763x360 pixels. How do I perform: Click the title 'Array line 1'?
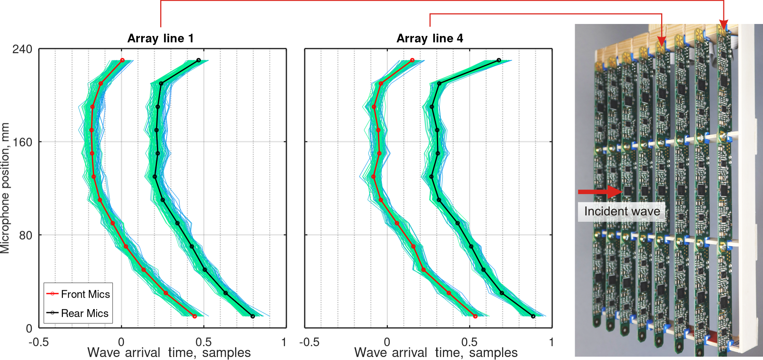pyautogui.click(x=160, y=38)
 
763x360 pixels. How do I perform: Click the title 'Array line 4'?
pyautogui.click(x=429, y=38)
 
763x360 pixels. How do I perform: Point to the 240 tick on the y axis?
pyautogui.click(x=22, y=49)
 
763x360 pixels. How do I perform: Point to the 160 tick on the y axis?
pyautogui.click(x=22, y=142)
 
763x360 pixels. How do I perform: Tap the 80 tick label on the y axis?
pyautogui.click(x=25, y=235)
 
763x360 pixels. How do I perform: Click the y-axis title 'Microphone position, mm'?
pyautogui.click(x=5, y=188)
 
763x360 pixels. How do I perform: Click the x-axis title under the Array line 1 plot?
pyautogui.click(x=169, y=353)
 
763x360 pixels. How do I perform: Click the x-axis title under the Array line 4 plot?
pyautogui.click(x=436, y=353)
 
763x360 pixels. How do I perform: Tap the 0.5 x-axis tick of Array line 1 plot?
pyautogui.click(x=203, y=342)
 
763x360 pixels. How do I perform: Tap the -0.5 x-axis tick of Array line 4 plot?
pyautogui.click(x=309, y=342)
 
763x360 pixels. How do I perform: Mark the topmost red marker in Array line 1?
pyautogui.click(x=122, y=60)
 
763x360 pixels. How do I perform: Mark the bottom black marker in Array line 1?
pyautogui.click(x=253, y=316)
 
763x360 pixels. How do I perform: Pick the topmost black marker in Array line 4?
pyautogui.click(x=499, y=60)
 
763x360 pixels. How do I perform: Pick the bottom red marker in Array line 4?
pyautogui.click(x=475, y=316)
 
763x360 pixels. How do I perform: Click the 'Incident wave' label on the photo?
pyautogui.click(x=622, y=211)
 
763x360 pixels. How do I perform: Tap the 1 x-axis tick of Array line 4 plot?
pyautogui.click(x=551, y=342)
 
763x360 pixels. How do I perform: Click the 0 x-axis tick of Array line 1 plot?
pyautogui.click(x=121, y=342)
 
